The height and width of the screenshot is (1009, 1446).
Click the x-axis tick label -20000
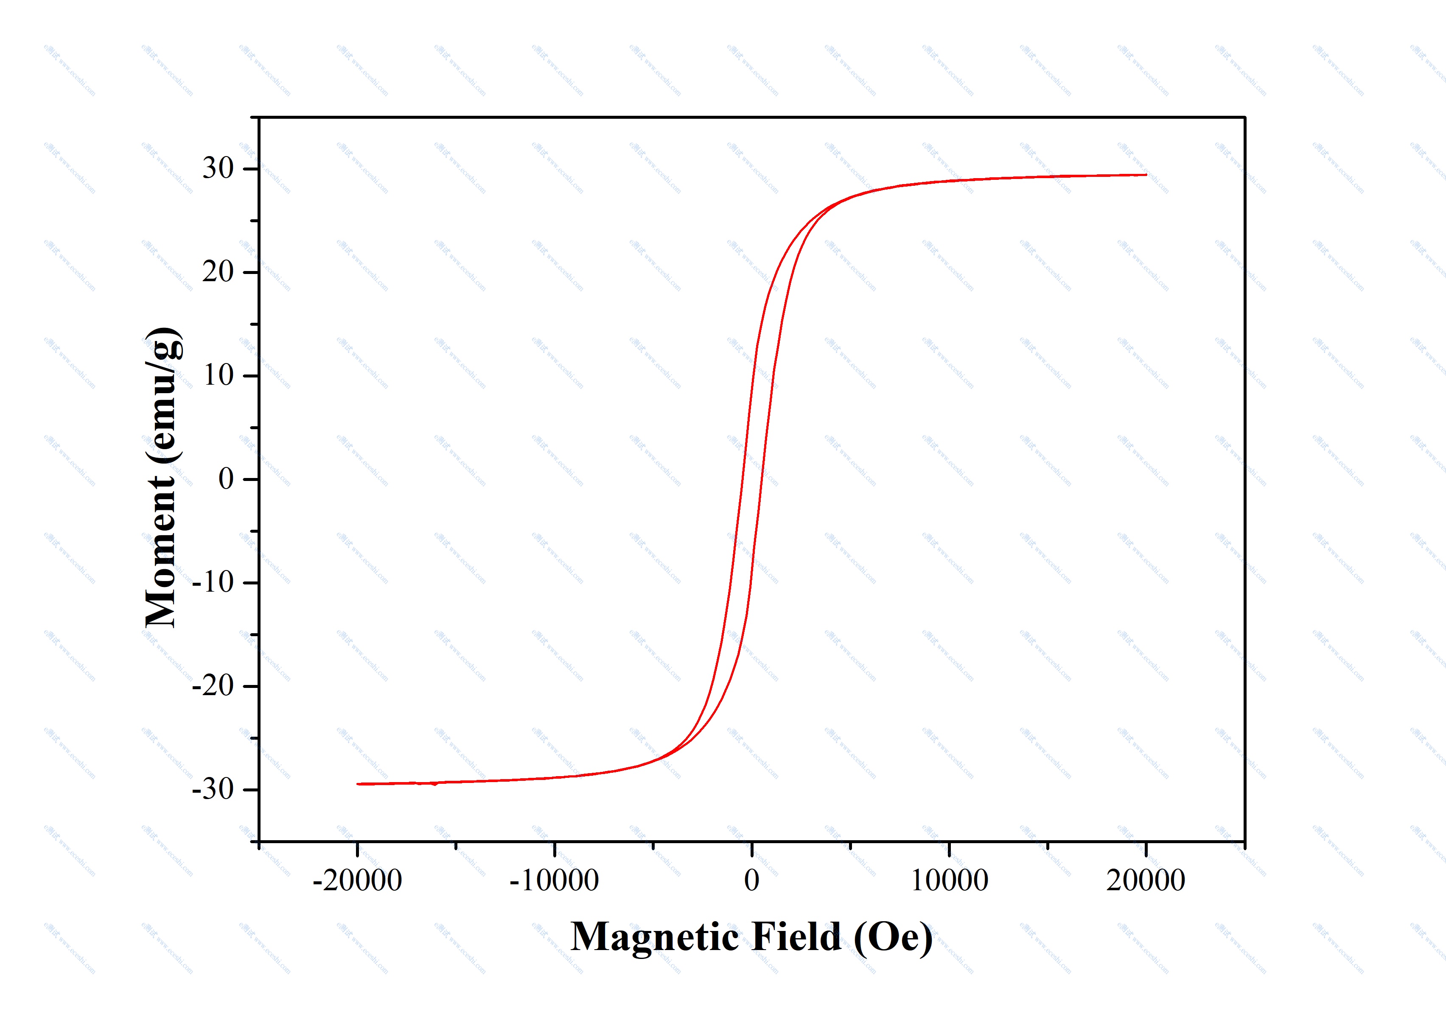pyautogui.click(x=357, y=880)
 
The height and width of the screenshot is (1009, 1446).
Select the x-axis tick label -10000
pyautogui.click(x=554, y=880)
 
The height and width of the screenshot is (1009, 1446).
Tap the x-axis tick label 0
pyautogui.click(x=751, y=880)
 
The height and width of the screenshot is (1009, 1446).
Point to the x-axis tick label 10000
pyautogui.click(x=949, y=880)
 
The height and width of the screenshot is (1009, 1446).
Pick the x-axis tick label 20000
pyautogui.click(x=1146, y=880)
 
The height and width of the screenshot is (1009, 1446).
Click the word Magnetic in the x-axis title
pyautogui.click(x=656, y=937)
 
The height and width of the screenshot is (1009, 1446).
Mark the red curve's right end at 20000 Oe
pyautogui.click(x=1146, y=175)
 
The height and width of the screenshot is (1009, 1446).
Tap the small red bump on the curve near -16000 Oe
pyautogui.click(x=434, y=784)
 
